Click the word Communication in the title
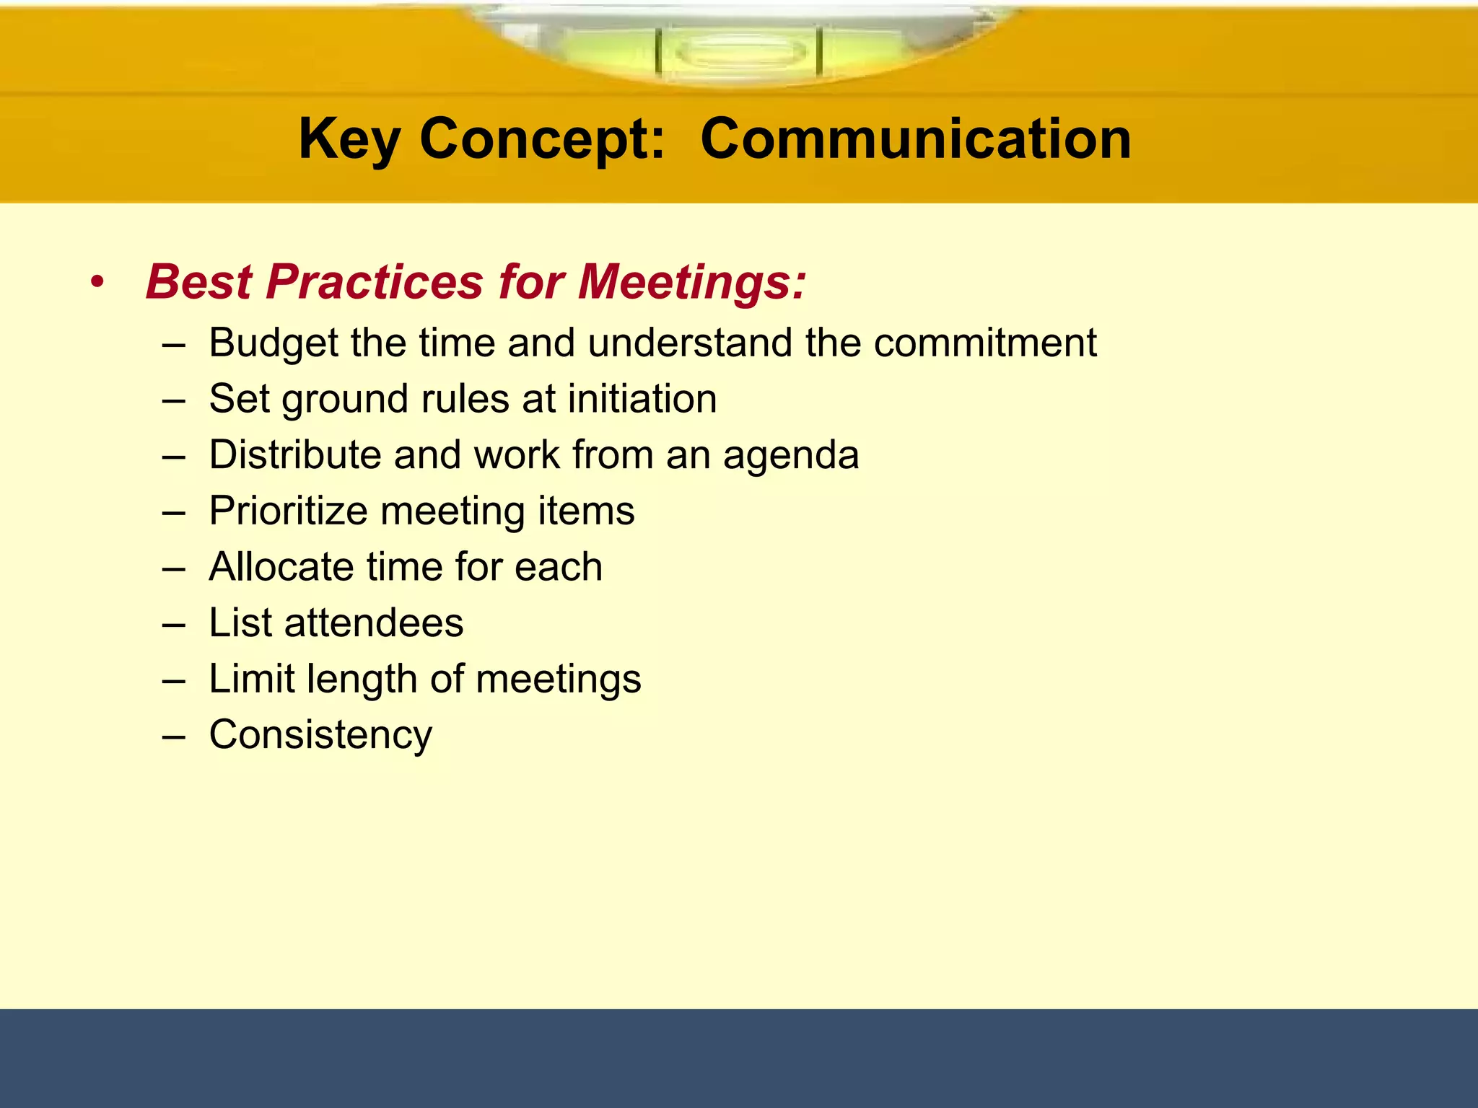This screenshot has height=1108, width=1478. [x=915, y=139]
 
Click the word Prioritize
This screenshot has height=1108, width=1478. [x=289, y=511]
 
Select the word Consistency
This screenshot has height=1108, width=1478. [x=320, y=736]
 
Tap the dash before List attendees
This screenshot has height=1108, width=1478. [x=174, y=624]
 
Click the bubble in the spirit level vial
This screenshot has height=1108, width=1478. [x=739, y=52]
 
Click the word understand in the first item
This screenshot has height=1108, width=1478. [x=689, y=343]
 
